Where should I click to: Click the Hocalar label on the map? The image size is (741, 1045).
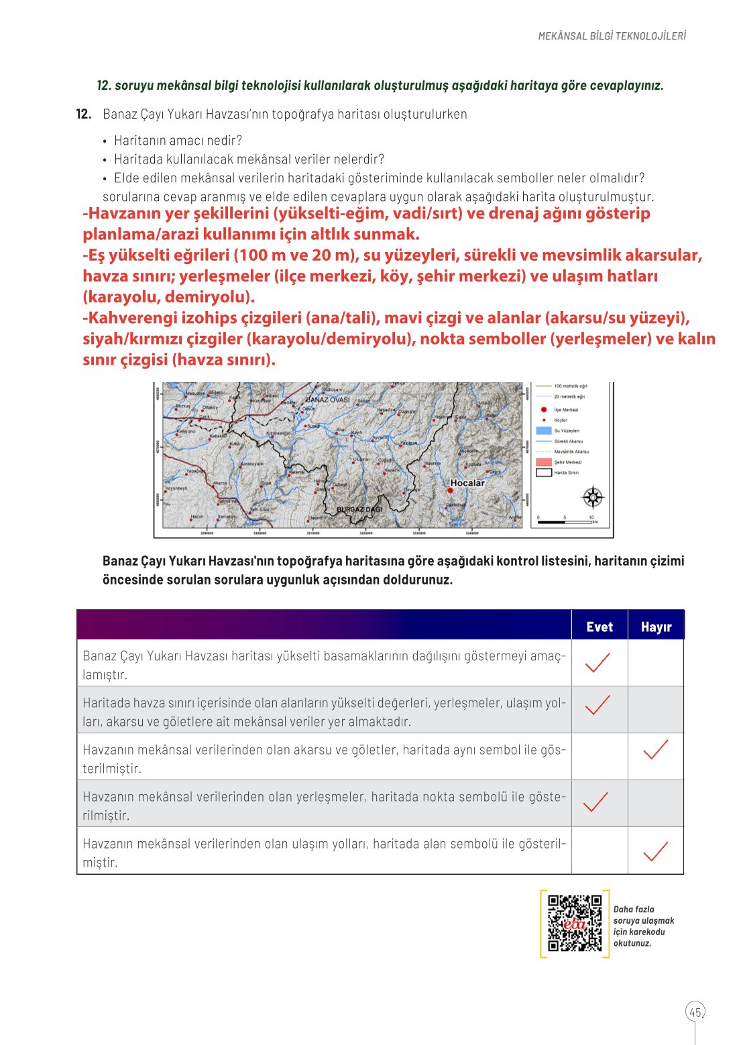pyautogui.click(x=467, y=483)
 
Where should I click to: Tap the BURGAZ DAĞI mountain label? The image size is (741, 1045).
pyautogui.click(x=359, y=509)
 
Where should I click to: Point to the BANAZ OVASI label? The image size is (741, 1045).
pyautogui.click(x=328, y=399)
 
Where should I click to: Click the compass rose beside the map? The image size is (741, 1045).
pyautogui.click(x=593, y=497)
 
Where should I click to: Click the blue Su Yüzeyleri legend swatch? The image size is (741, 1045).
pyautogui.click(x=543, y=430)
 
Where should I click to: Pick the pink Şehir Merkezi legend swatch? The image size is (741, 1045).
pyautogui.click(x=543, y=462)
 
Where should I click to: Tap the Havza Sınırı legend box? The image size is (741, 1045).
pyautogui.click(x=543, y=473)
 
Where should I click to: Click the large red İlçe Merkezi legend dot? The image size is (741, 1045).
pyautogui.click(x=544, y=409)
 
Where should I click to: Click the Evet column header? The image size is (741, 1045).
pyautogui.click(x=599, y=627)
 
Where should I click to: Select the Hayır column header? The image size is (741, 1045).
pyautogui.click(x=655, y=627)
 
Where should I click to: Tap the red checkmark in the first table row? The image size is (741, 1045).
pyautogui.click(x=597, y=662)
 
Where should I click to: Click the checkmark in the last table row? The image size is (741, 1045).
pyautogui.click(x=655, y=851)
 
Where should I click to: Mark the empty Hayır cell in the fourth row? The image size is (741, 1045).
pyautogui.click(x=655, y=803)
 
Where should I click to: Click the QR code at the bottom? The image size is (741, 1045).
pyautogui.click(x=575, y=923)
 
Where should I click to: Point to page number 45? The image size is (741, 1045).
pyautogui.click(x=695, y=1012)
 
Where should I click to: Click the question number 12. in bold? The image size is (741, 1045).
pyautogui.click(x=84, y=114)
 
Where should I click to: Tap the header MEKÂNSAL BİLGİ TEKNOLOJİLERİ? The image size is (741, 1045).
pyautogui.click(x=612, y=36)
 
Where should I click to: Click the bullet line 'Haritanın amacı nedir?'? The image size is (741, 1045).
pyautogui.click(x=178, y=140)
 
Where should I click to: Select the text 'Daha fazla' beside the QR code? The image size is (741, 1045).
pyautogui.click(x=633, y=910)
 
